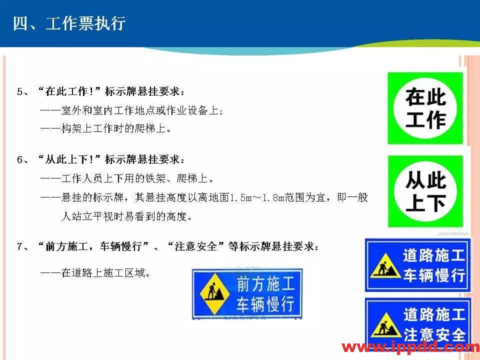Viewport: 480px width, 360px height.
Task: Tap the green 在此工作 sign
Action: [425, 108]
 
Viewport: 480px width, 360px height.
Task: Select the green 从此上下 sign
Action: [425, 191]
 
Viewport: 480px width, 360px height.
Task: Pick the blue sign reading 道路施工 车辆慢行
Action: [417, 265]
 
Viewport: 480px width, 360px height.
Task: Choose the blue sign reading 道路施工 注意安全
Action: [417, 324]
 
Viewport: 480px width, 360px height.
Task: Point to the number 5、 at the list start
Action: [23, 92]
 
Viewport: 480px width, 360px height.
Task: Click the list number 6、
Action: [23, 160]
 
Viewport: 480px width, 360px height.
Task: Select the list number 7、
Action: [23, 246]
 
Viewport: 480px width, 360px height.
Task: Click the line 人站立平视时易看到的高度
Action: [126, 216]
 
